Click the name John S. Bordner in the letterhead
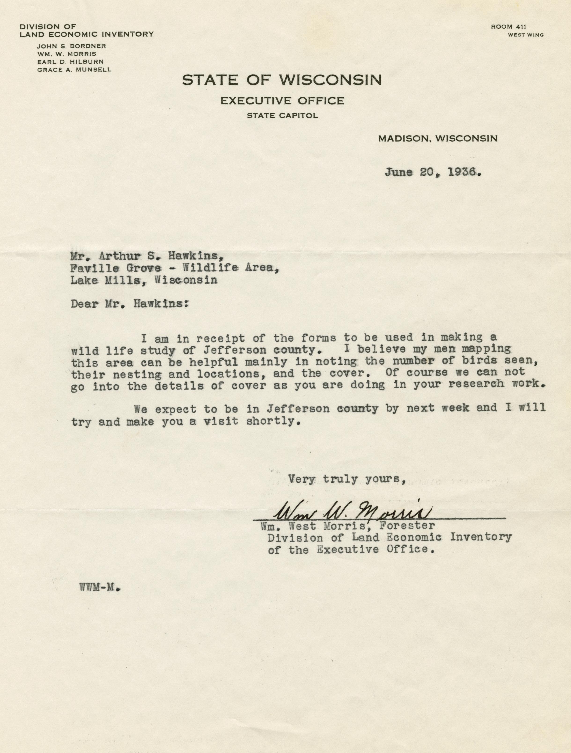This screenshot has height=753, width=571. point(71,46)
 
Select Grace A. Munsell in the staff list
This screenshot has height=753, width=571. point(74,70)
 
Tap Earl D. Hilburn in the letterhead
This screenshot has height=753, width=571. point(70,62)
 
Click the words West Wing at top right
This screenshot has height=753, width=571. point(526,35)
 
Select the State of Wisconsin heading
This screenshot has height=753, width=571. point(282,80)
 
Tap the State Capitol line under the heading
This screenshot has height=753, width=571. point(282,116)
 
